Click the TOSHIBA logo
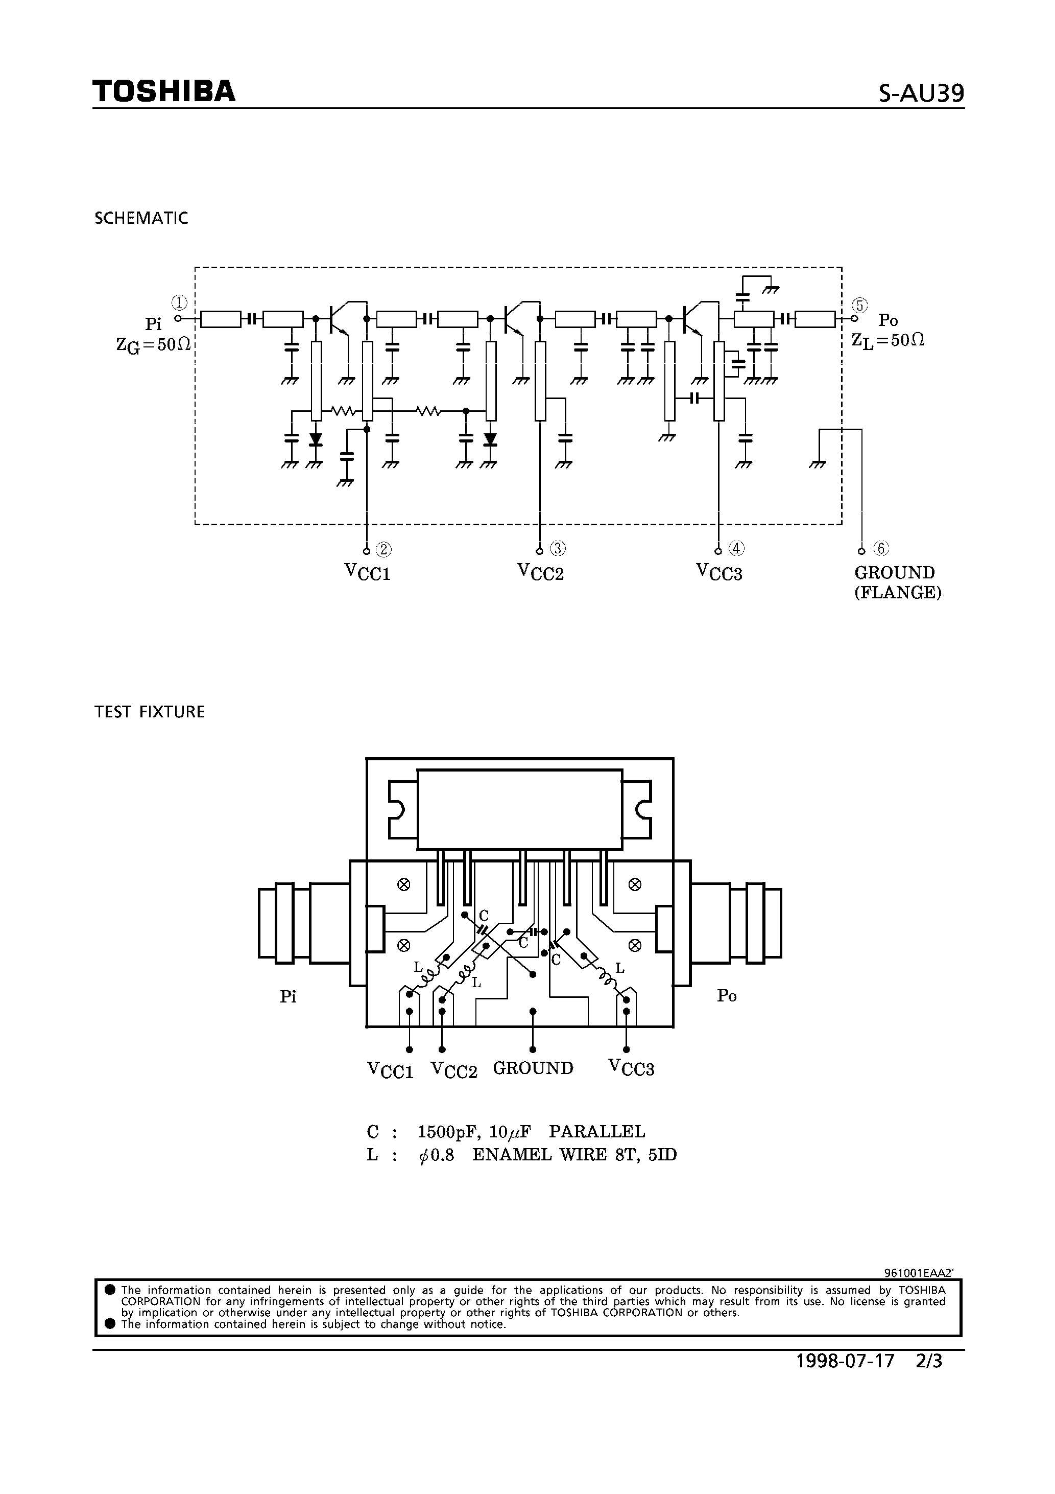tap(163, 92)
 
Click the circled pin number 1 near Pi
tap(180, 302)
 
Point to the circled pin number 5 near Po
tap(860, 305)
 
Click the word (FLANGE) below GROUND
tap(898, 593)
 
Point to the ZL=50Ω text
tap(888, 340)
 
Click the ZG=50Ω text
tap(154, 344)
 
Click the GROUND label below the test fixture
tap(533, 1068)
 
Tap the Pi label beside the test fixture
tap(288, 997)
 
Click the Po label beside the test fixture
tap(727, 995)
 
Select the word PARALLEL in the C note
tap(597, 1132)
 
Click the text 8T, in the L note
tap(628, 1155)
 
